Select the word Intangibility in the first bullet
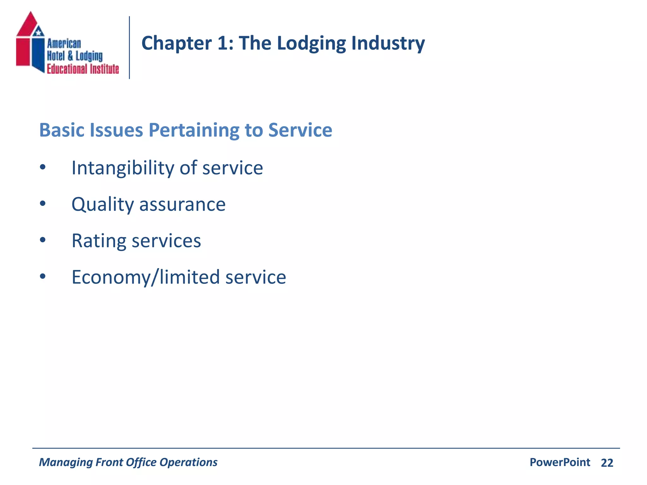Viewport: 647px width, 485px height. (x=123, y=168)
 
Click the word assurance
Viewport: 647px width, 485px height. (x=182, y=204)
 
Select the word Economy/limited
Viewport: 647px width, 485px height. (x=146, y=277)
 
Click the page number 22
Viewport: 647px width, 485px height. (x=607, y=463)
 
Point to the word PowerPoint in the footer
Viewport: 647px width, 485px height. (x=560, y=462)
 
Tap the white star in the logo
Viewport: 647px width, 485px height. (x=39, y=32)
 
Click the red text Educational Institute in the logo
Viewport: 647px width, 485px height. (x=83, y=69)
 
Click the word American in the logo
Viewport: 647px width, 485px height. (x=64, y=44)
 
